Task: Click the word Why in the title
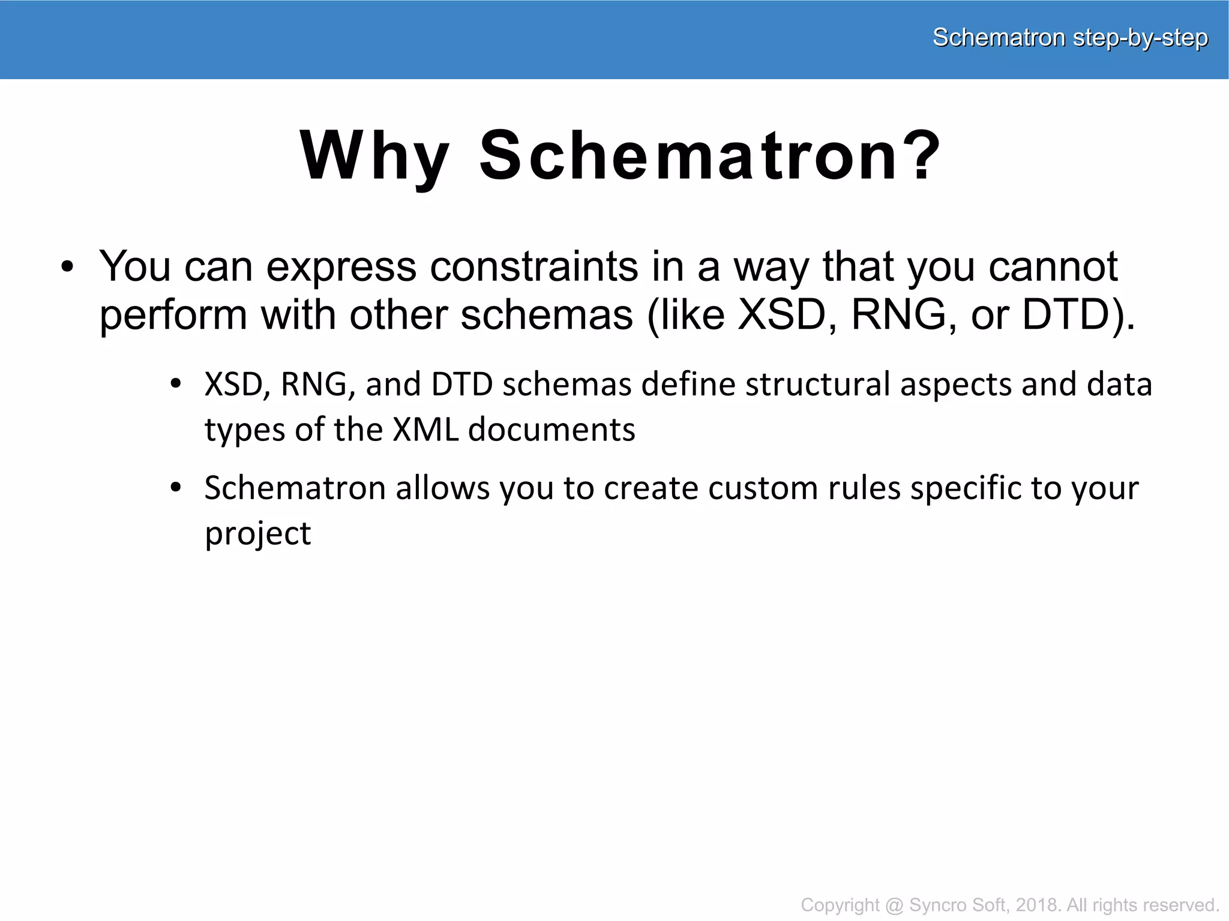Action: click(x=374, y=157)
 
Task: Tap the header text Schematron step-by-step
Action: click(x=1069, y=38)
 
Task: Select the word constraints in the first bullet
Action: click(x=534, y=266)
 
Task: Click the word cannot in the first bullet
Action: click(x=1053, y=266)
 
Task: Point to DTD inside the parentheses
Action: click(x=1066, y=315)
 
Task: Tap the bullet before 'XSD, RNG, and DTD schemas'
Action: click(x=175, y=384)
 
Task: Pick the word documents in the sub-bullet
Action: click(x=551, y=430)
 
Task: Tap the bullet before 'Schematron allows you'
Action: click(x=175, y=488)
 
